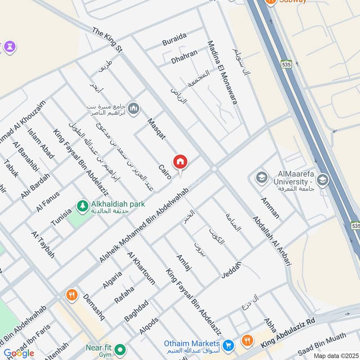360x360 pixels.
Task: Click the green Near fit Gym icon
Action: tap(120, 349)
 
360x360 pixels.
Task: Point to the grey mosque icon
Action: tap(134, 108)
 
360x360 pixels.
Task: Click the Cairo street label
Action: tap(165, 172)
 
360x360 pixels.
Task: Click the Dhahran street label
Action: tap(184, 57)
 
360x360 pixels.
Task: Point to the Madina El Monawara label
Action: tap(222, 72)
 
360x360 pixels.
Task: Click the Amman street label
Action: tap(270, 207)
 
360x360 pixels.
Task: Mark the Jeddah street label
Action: tap(231, 269)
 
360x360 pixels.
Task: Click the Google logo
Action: tap(19, 353)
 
